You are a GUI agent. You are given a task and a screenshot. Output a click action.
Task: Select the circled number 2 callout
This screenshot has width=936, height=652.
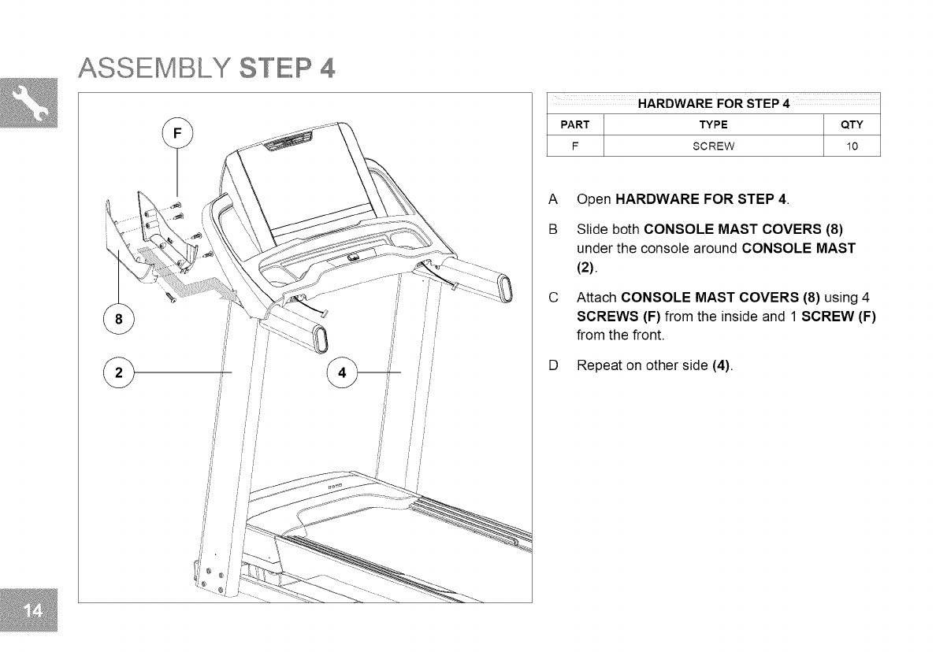[118, 372]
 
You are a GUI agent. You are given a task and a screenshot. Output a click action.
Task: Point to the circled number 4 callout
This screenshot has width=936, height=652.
[342, 372]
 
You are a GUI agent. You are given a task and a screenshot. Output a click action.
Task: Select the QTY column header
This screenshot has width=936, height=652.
[852, 124]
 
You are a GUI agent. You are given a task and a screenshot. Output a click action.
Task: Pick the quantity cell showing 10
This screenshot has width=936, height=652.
[852, 146]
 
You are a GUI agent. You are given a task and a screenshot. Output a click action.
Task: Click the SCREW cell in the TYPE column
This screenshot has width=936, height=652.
[712, 146]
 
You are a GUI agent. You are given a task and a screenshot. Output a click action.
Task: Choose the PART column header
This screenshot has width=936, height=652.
[574, 124]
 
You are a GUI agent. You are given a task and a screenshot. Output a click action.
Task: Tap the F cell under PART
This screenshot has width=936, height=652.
[574, 146]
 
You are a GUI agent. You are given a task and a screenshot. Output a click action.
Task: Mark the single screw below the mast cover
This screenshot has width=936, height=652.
[169, 297]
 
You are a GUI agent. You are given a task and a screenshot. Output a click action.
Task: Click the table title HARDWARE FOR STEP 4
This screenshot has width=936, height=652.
[713, 105]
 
